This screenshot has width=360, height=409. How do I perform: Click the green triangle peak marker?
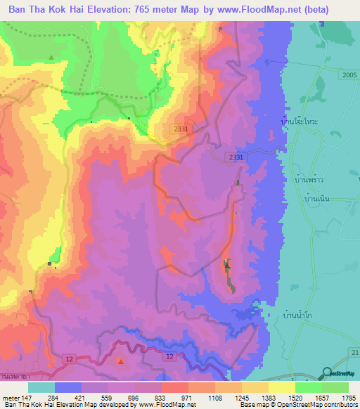pos(51,57)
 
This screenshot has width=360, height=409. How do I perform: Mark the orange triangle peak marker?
pos(121,361)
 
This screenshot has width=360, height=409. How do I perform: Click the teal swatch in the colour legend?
pos(41,387)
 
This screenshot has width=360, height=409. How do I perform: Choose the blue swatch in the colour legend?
pos(68,387)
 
